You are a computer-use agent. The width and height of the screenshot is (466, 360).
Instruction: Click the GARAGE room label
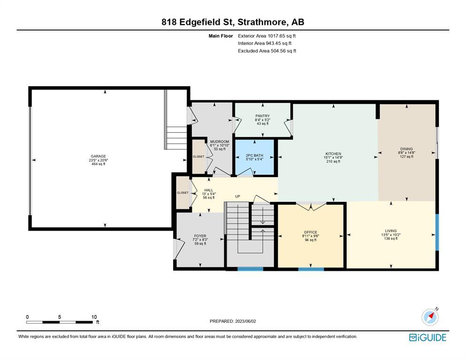pyautogui.click(x=99, y=156)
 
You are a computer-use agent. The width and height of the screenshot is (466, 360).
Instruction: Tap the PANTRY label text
pyautogui.click(x=262, y=116)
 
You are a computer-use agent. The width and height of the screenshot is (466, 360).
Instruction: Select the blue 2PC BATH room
pyautogui.click(x=254, y=157)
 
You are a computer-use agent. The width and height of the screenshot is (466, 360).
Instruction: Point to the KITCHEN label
pyautogui.click(x=333, y=153)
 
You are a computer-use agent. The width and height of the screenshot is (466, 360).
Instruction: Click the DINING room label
pyautogui.click(x=406, y=149)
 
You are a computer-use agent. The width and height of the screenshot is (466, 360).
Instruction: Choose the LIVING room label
pyautogui.click(x=391, y=230)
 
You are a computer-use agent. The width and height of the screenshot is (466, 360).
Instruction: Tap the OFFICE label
pyautogui.click(x=311, y=232)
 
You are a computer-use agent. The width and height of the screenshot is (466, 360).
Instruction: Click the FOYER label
pyautogui.click(x=200, y=236)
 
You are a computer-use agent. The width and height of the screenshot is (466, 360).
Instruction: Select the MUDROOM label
pyautogui.click(x=220, y=141)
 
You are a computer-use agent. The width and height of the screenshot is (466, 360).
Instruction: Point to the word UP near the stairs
pyautogui.click(x=238, y=196)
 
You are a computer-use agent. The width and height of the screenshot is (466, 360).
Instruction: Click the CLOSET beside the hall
pyautogui.click(x=183, y=192)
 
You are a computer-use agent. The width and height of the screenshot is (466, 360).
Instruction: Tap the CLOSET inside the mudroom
pyautogui.click(x=199, y=156)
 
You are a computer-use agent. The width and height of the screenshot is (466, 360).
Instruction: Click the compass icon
pyautogui.click(x=430, y=317)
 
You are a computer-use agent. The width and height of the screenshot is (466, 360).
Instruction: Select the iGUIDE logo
pyautogui.click(x=428, y=337)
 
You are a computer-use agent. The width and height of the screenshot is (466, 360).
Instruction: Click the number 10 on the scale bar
pyautogui.click(x=94, y=317)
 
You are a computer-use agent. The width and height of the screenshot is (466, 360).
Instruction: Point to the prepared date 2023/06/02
pyautogui.click(x=245, y=321)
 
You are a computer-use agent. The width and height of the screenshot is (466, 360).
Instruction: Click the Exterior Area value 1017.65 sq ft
pyautogui.click(x=282, y=36)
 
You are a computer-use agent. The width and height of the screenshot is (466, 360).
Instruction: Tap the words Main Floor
pyautogui.click(x=221, y=36)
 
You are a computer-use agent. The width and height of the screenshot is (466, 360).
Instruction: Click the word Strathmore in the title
pyautogui.click(x=262, y=22)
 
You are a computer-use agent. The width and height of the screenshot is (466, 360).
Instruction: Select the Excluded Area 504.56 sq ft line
pyautogui.click(x=267, y=51)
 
